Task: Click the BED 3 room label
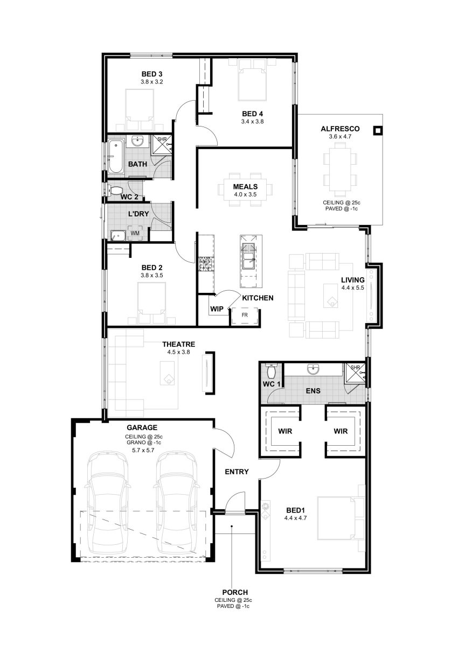click(x=151, y=74)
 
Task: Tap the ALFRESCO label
click(x=340, y=129)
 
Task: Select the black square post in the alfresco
click(x=377, y=131)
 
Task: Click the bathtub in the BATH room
click(x=115, y=157)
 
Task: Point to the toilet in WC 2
click(x=115, y=190)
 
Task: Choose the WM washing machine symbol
click(x=135, y=233)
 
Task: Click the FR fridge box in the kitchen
click(x=244, y=315)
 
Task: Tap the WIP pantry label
click(x=217, y=309)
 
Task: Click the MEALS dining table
click(x=245, y=189)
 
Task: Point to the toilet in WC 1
click(x=272, y=371)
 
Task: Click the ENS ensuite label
click(x=313, y=391)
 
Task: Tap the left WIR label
click(x=285, y=431)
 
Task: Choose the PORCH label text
click(x=235, y=592)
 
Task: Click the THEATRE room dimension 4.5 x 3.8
click(x=178, y=352)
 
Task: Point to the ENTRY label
click(x=237, y=472)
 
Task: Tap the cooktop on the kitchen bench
click(x=206, y=264)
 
